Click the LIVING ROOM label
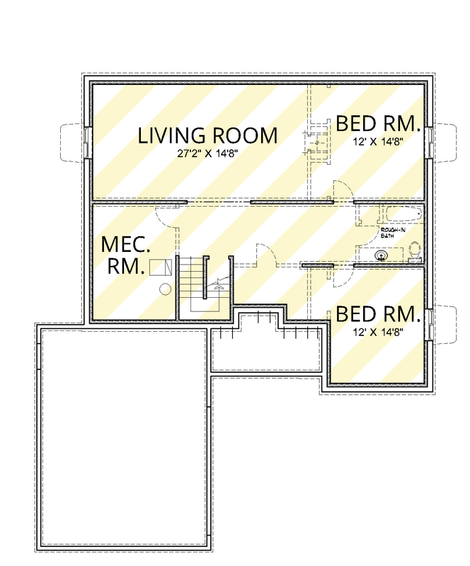(207, 135)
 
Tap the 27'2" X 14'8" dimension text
(207, 154)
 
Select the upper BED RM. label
(378, 123)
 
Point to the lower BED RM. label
(378, 314)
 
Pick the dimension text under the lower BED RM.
(378, 332)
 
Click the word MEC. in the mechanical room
(126, 244)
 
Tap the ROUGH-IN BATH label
(388, 233)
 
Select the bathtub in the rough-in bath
(404, 214)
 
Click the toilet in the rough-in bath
(415, 253)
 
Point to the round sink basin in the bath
(381, 256)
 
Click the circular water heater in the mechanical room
(166, 289)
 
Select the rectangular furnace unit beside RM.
(161, 267)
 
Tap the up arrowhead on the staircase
(219, 287)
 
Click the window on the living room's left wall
(86, 142)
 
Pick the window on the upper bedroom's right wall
(430, 143)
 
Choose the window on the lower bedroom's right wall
(430, 325)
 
